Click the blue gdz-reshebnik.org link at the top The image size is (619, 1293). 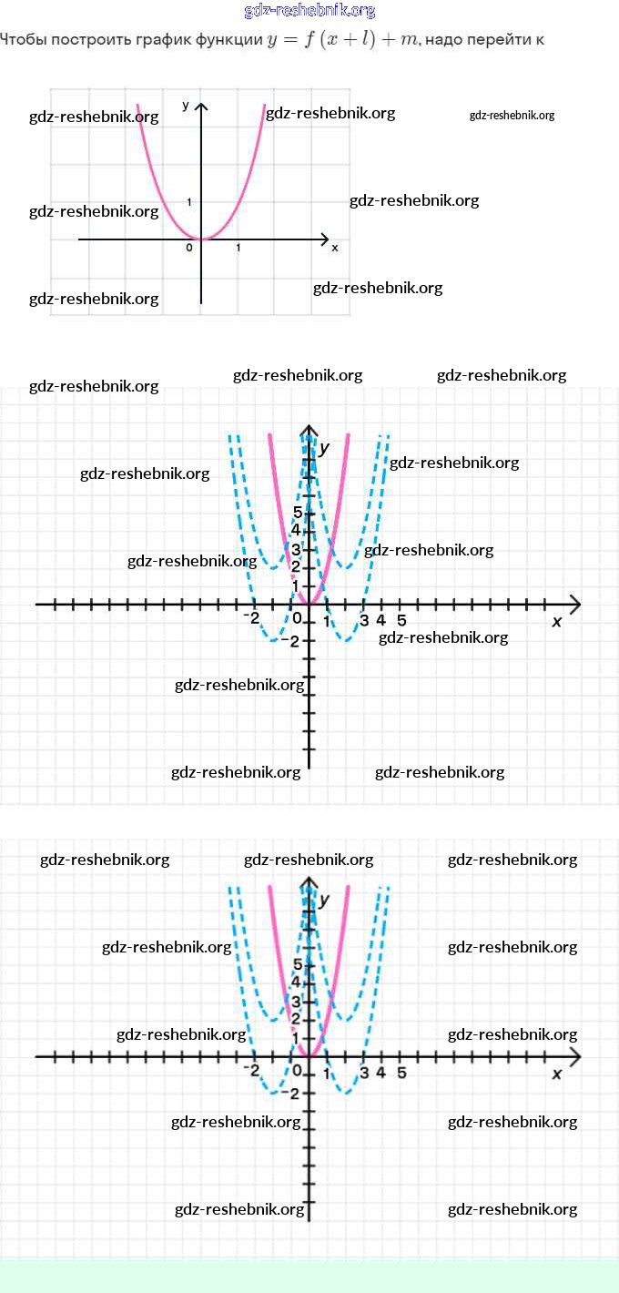(x=309, y=11)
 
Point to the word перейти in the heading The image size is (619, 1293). (x=502, y=40)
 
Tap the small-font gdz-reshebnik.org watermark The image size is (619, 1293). (x=512, y=116)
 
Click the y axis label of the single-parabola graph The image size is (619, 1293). (x=186, y=106)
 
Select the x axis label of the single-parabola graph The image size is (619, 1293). (x=334, y=248)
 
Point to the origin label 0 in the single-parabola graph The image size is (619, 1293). (x=189, y=248)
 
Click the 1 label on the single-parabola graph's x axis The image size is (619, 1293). (x=238, y=248)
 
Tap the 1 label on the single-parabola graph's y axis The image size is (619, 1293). (x=189, y=201)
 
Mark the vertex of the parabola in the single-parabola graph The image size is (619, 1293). (x=201, y=239)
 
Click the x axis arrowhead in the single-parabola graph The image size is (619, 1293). (x=325, y=239)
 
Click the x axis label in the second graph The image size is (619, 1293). (x=557, y=621)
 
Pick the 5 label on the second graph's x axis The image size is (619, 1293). (x=401, y=621)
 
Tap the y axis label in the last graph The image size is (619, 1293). (x=324, y=900)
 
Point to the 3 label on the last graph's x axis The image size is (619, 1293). (x=363, y=1072)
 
